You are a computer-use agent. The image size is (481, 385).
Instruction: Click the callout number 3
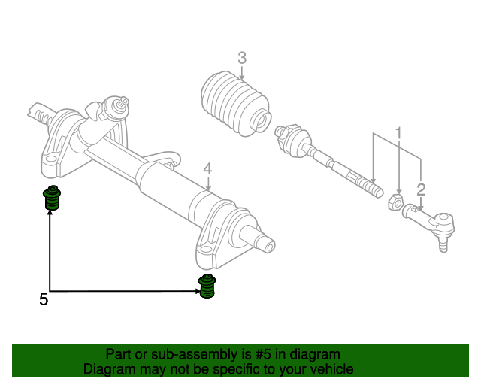click(242, 58)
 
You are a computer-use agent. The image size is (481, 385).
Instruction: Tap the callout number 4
click(207, 169)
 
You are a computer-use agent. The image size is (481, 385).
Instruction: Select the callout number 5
click(44, 299)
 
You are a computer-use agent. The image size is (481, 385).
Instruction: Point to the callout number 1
click(398, 133)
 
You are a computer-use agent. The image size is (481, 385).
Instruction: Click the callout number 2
click(421, 189)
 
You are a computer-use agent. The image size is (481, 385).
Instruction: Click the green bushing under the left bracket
click(52, 198)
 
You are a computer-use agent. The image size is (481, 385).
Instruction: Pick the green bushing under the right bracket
click(207, 286)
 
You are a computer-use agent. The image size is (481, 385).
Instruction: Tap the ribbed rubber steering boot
click(236, 103)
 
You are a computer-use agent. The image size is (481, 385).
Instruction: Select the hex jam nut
click(396, 202)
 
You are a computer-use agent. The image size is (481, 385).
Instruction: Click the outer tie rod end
click(430, 223)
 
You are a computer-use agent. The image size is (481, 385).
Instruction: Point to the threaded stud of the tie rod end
click(443, 244)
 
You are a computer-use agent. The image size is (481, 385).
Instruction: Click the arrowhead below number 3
click(242, 78)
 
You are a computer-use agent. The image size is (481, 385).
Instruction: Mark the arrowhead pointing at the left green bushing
click(50, 212)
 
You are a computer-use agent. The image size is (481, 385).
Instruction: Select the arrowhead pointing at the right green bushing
click(197, 291)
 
